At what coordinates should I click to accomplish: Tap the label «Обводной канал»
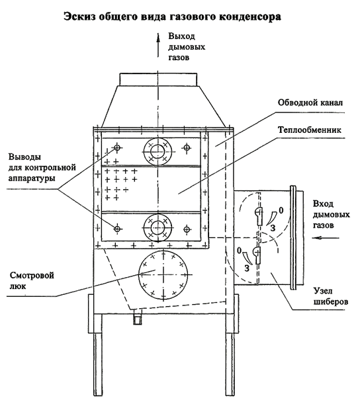click(310, 102)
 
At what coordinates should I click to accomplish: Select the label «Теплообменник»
click(310, 130)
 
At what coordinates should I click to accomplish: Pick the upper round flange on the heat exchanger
click(157, 151)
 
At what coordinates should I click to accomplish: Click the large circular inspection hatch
click(163, 274)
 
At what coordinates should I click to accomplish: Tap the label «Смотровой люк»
click(32, 280)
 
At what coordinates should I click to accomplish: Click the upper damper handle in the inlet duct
click(258, 216)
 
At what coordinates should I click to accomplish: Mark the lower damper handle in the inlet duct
click(256, 255)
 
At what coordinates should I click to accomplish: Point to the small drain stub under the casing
click(137, 317)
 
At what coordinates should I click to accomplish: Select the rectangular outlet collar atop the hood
click(158, 79)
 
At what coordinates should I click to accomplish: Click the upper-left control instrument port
click(117, 148)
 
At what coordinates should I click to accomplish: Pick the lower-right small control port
click(187, 229)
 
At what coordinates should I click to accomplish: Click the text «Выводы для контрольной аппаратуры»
click(42, 167)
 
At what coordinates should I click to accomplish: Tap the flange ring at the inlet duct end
click(293, 237)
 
